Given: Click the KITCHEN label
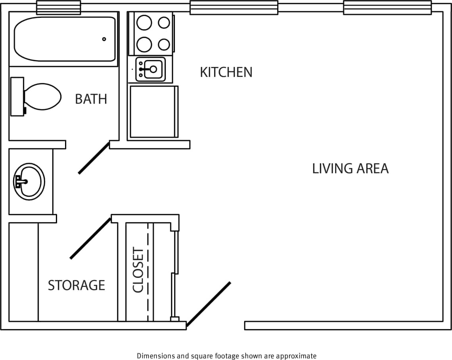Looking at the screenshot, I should [x=226, y=72].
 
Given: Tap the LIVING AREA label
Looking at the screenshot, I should [x=350, y=169].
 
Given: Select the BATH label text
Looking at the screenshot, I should [x=91, y=99].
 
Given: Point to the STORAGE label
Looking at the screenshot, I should [x=77, y=285].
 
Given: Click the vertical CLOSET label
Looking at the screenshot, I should [x=138, y=270].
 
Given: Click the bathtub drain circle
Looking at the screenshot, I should [x=104, y=39].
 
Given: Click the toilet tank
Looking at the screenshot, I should [x=17, y=97].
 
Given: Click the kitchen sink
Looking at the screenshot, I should [x=151, y=69].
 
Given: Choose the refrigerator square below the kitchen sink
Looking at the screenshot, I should [x=153, y=112].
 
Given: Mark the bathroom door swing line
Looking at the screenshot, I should [x=94, y=158].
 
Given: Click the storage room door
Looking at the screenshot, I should [x=90, y=238].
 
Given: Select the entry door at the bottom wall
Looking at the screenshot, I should [x=208, y=304].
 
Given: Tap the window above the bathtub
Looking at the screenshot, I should [x=58, y=8].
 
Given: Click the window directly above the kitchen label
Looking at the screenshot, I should [x=234, y=8].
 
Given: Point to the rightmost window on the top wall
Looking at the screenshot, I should [x=387, y=8].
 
